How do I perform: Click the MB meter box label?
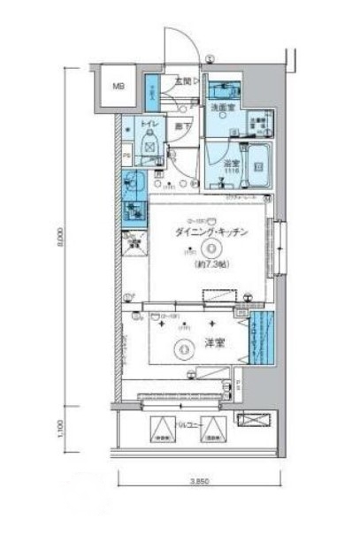[x=117, y=87]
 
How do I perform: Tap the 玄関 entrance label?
[x=183, y=80]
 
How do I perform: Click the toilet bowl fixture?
[x=149, y=141]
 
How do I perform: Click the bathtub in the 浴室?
[x=258, y=161]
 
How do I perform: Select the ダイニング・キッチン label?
[x=211, y=232]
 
